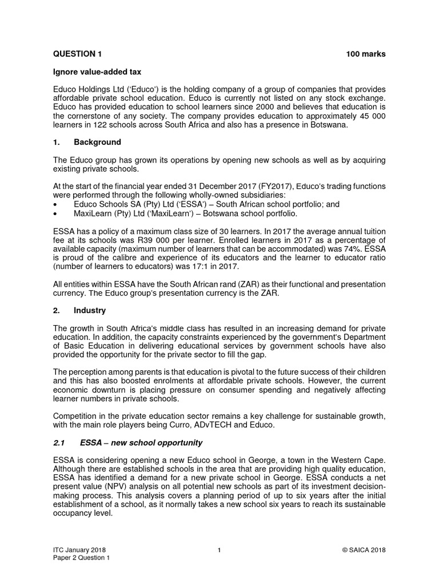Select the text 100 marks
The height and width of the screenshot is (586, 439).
coord(366,54)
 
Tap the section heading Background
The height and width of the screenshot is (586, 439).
coord(97,142)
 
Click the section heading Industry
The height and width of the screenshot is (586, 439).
coord(90,310)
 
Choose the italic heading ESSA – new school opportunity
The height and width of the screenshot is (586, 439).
coord(141,443)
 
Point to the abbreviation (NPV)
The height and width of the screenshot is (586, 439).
coord(117,487)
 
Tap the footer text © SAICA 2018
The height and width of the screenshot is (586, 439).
coord(364,550)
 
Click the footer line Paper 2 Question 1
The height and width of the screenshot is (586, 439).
coord(80,559)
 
